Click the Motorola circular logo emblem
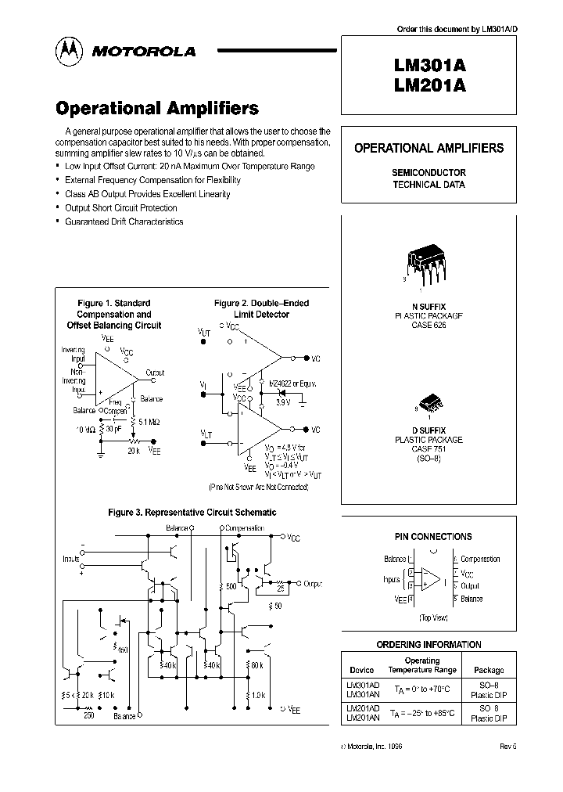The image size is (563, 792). coord(69,50)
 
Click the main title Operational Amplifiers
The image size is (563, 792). coord(156,108)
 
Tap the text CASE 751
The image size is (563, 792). coord(428,449)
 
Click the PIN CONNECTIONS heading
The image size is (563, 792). coord(432,537)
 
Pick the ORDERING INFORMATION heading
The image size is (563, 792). coord(429,645)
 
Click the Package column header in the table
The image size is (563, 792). coord(489,670)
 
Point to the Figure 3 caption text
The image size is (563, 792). coord(192,513)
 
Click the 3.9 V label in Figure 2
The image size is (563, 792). coord(283,401)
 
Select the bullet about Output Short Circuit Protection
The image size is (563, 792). coord(120,208)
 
